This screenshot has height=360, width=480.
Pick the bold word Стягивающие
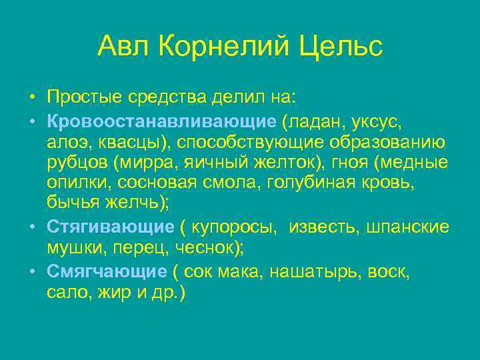[x=111, y=227]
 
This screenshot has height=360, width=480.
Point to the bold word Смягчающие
[x=107, y=271]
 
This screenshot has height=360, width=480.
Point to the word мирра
[x=141, y=163]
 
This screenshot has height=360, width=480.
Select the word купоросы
[x=233, y=227]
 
